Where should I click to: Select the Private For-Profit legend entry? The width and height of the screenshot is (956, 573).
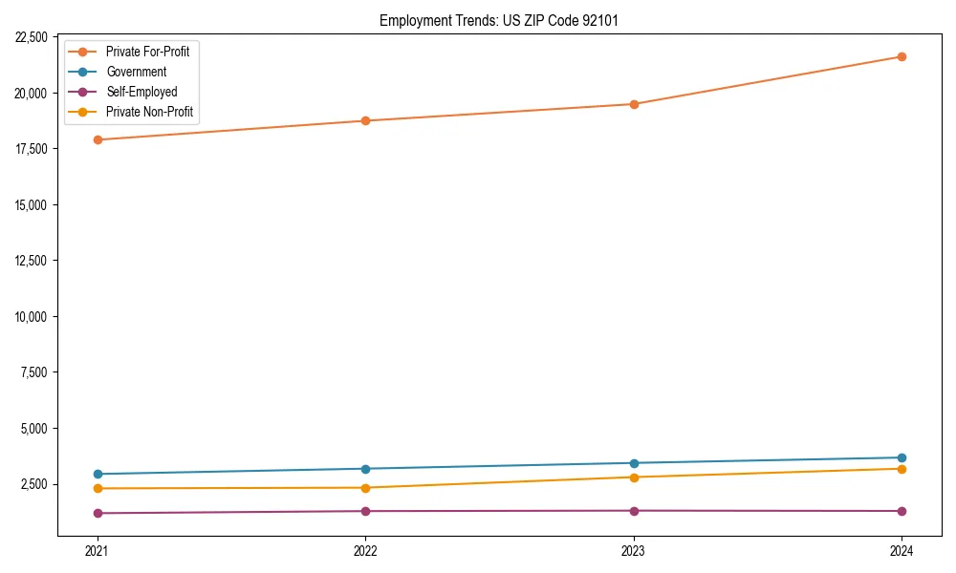tap(147, 52)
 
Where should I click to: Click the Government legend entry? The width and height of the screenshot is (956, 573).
tap(136, 72)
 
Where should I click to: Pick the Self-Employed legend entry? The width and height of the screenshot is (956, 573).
tap(141, 92)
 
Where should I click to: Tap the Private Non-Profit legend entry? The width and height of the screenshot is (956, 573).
tap(149, 112)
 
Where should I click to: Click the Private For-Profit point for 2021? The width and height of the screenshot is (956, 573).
tap(98, 139)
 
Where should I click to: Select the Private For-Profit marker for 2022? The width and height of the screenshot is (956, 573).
tap(365, 120)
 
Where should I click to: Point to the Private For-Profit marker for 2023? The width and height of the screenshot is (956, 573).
tap(634, 104)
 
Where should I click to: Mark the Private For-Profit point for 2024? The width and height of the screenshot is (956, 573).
tap(902, 56)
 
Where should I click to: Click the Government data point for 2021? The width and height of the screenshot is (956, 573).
tap(98, 474)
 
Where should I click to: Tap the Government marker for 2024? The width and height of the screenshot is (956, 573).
tap(902, 457)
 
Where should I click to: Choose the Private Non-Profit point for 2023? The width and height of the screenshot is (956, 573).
tap(634, 477)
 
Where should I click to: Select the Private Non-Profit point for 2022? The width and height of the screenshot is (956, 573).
tap(365, 488)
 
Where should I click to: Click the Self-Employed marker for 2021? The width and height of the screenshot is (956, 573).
tap(98, 513)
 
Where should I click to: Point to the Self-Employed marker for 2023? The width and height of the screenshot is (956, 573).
tap(634, 510)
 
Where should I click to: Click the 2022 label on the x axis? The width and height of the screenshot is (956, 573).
tap(365, 551)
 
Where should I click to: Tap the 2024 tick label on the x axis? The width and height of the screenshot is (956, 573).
tap(902, 551)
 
